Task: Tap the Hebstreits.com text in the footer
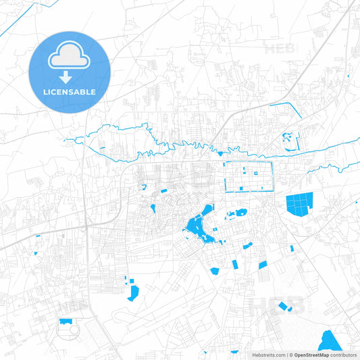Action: tap(267, 354)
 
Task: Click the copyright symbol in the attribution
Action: tap(289, 354)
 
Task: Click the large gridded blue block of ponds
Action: tap(301, 204)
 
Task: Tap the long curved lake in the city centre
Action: tap(196, 226)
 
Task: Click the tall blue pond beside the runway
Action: tap(133, 292)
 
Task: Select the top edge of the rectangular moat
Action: tap(247, 162)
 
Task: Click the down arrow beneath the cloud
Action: tap(65, 78)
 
